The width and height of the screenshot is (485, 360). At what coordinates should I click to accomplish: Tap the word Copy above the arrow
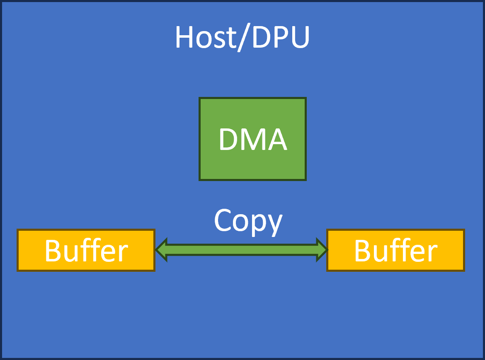(248, 221)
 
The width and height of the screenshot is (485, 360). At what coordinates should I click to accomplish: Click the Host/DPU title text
(242, 38)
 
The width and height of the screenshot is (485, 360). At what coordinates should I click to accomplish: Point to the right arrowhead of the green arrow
(322, 250)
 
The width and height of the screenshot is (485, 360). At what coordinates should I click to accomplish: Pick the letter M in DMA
(251, 140)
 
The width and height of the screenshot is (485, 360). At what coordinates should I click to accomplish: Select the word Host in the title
(204, 38)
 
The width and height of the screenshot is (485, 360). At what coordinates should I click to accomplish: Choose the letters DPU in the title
(281, 38)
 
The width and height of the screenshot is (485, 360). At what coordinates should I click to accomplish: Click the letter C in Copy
(223, 220)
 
